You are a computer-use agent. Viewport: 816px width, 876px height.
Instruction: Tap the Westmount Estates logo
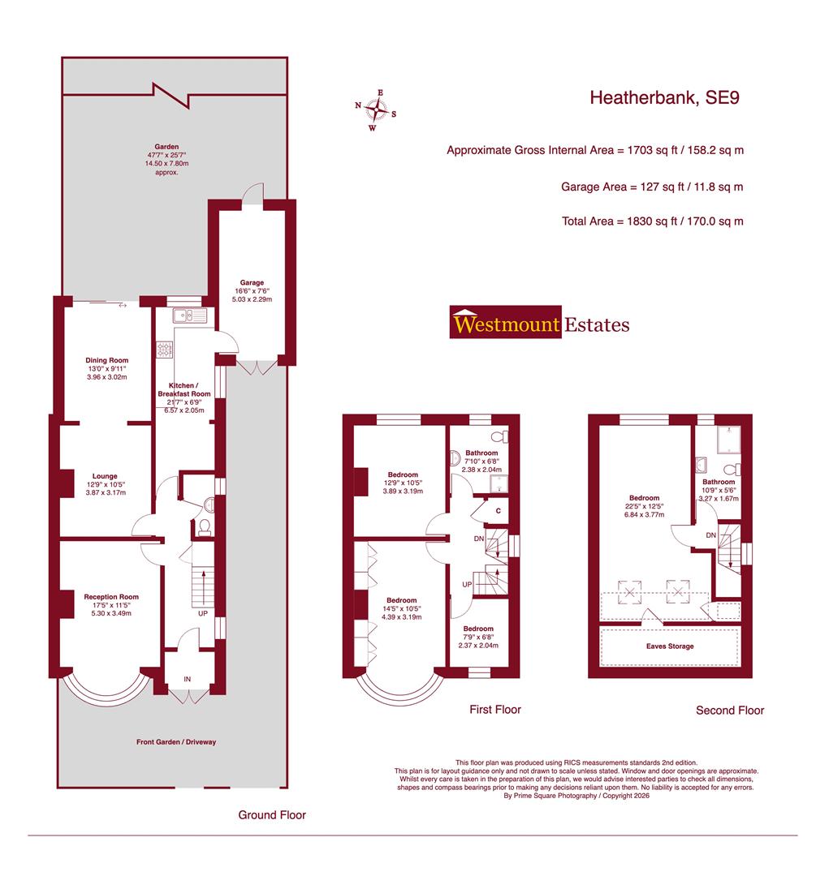coord(540,325)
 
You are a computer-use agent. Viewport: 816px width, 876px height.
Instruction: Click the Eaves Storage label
coord(670,646)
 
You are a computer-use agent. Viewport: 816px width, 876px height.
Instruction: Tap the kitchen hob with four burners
coord(166,350)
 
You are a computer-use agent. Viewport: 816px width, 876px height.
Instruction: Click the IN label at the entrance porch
coord(188,679)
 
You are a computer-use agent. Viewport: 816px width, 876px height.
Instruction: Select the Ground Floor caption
coord(272,814)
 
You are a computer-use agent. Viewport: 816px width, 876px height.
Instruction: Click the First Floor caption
coord(495,709)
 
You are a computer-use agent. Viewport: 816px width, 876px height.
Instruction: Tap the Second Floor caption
coord(730,710)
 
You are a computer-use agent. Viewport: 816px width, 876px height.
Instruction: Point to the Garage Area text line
coord(652,187)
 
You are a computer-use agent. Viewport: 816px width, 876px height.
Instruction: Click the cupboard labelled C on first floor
coord(497,511)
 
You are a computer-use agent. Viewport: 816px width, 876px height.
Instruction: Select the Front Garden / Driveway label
coord(176,741)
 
